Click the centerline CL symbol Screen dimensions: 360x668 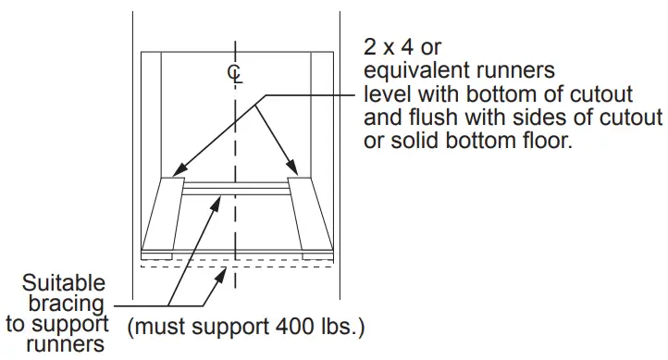pos(237,73)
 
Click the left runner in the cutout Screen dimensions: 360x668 pos(165,214)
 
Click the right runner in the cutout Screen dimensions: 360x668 pos(309,214)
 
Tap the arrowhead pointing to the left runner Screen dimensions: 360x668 pos(179,172)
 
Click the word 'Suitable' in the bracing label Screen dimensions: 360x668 pos(64,283)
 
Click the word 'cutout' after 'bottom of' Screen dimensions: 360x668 pos(601,95)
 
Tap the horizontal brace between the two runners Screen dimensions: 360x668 pos(237,191)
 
